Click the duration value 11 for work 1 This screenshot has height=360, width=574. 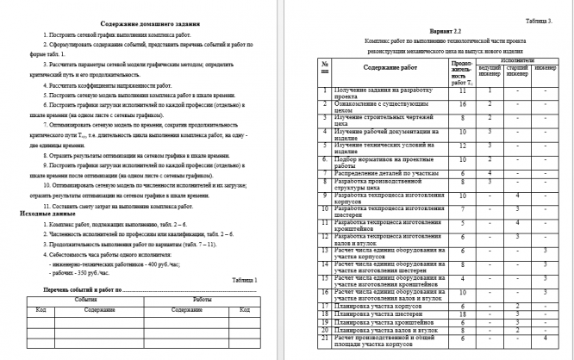coord(463,90)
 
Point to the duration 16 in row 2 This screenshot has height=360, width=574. coord(463,103)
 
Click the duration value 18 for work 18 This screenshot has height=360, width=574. coord(463,314)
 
